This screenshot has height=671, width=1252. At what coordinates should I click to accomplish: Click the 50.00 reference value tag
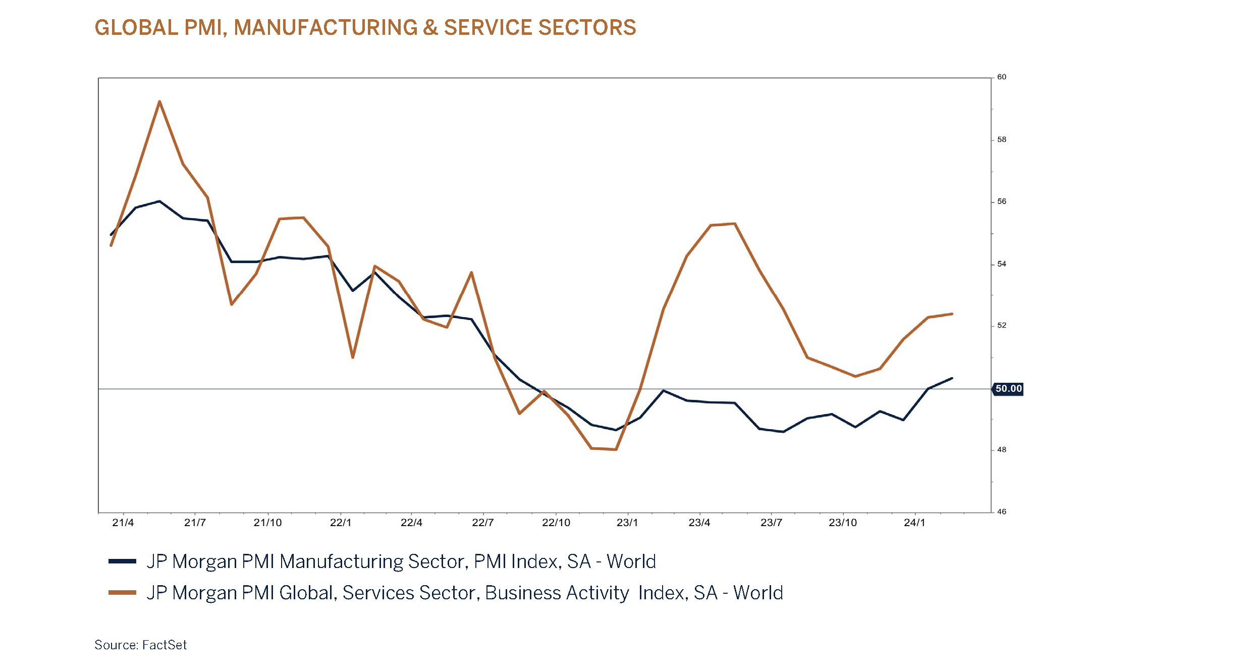1008,389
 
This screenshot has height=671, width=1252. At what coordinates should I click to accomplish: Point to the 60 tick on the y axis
1002,77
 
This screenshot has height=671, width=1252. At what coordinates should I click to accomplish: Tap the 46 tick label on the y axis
1002,511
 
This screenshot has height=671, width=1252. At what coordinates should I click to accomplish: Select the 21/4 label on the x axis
123,523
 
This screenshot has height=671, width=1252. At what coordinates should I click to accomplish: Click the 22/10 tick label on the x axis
556,523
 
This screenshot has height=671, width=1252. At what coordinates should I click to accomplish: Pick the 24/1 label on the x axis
914,523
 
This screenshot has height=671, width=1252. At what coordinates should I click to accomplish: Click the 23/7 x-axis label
771,523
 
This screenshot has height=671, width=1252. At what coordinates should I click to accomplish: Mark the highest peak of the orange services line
159,101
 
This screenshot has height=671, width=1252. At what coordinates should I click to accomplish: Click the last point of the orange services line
952,314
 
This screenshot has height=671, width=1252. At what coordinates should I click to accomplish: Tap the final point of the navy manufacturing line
952,378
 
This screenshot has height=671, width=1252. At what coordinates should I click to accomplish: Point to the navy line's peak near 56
159,201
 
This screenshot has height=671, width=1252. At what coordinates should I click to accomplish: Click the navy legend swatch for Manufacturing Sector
122,561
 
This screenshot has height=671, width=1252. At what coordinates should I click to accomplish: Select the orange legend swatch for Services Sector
122,592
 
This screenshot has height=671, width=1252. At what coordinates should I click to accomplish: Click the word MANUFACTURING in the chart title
325,27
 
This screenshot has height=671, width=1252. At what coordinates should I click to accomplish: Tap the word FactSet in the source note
165,645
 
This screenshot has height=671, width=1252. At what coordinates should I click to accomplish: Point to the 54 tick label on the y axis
1002,264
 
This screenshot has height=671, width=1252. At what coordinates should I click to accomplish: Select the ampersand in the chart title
430,27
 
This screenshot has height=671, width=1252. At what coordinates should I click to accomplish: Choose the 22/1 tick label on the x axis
341,523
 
